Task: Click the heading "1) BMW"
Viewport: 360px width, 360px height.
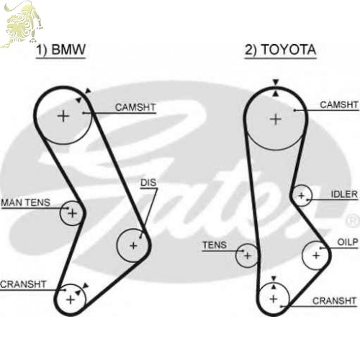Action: [60, 50]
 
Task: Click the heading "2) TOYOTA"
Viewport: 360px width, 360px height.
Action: [280, 50]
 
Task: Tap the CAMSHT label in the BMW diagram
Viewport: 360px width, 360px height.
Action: [135, 107]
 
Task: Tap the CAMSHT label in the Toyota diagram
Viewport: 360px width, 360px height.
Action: [339, 104]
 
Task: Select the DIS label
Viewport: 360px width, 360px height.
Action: [148, 183]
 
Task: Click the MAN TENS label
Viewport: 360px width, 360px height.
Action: [26, 202]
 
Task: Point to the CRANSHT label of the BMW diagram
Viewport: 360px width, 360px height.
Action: [23, 284]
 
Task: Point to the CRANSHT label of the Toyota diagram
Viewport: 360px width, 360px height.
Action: [334, 301]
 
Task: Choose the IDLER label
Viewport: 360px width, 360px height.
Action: [344, 194]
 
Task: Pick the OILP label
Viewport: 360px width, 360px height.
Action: [348, 242]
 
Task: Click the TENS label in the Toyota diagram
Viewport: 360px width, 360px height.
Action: [215, 245]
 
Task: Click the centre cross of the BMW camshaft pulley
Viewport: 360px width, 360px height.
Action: [63, 117]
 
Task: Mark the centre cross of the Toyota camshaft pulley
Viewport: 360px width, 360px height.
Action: [276, 120]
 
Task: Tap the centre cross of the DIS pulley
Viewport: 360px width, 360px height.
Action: [133, 246]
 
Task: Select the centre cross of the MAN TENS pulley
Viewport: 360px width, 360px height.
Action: [72, 213]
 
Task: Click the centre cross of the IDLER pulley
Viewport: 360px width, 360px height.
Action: [302, 196]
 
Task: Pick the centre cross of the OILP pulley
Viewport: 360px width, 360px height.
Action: [316, 256]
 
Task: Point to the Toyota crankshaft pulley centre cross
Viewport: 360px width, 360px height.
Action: [274, 299]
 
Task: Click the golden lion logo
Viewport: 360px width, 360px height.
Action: [22, 24]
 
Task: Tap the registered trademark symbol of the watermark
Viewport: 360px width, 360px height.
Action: [352, 221]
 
